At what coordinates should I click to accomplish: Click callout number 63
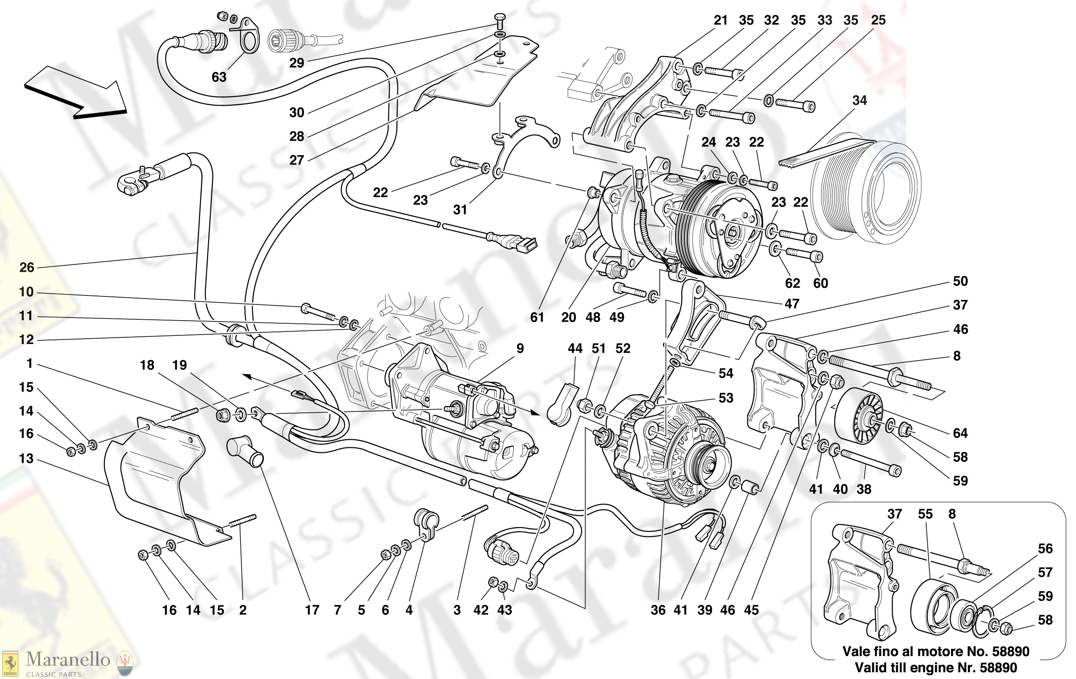tap(219, 77)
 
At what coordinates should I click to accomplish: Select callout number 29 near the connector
tap(297, 63)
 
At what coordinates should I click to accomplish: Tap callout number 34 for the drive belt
tap(859, 100)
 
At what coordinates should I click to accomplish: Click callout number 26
tap(27, 268)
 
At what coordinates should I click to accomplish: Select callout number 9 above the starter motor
tap(520, 348)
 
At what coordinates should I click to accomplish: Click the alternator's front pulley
tap(710, 465)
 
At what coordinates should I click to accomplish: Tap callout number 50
tap(960, 281)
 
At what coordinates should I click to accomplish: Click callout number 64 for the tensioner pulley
tap(960, 433)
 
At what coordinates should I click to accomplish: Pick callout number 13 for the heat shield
tap(26, 459)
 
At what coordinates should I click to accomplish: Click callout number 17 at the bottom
tap(312, 610)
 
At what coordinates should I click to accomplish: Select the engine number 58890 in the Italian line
tap(1010, 652)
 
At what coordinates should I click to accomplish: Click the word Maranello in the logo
tap(68, 659)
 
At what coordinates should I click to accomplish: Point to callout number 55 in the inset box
tap(925, 514)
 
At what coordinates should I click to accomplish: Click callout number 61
tap(537, 317)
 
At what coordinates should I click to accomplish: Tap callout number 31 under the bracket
tap(460, 210)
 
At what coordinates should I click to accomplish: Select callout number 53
tap(726, 398)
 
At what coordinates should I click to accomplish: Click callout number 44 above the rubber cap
tap(575, 348)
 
